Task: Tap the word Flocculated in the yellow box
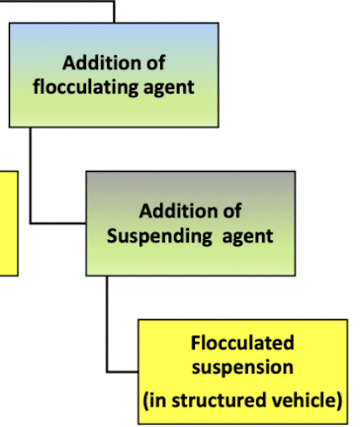pos(242,343)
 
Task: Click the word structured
pos(218,400)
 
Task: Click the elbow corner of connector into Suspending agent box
pos(31,223)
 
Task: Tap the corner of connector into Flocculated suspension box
pos(107,372)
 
